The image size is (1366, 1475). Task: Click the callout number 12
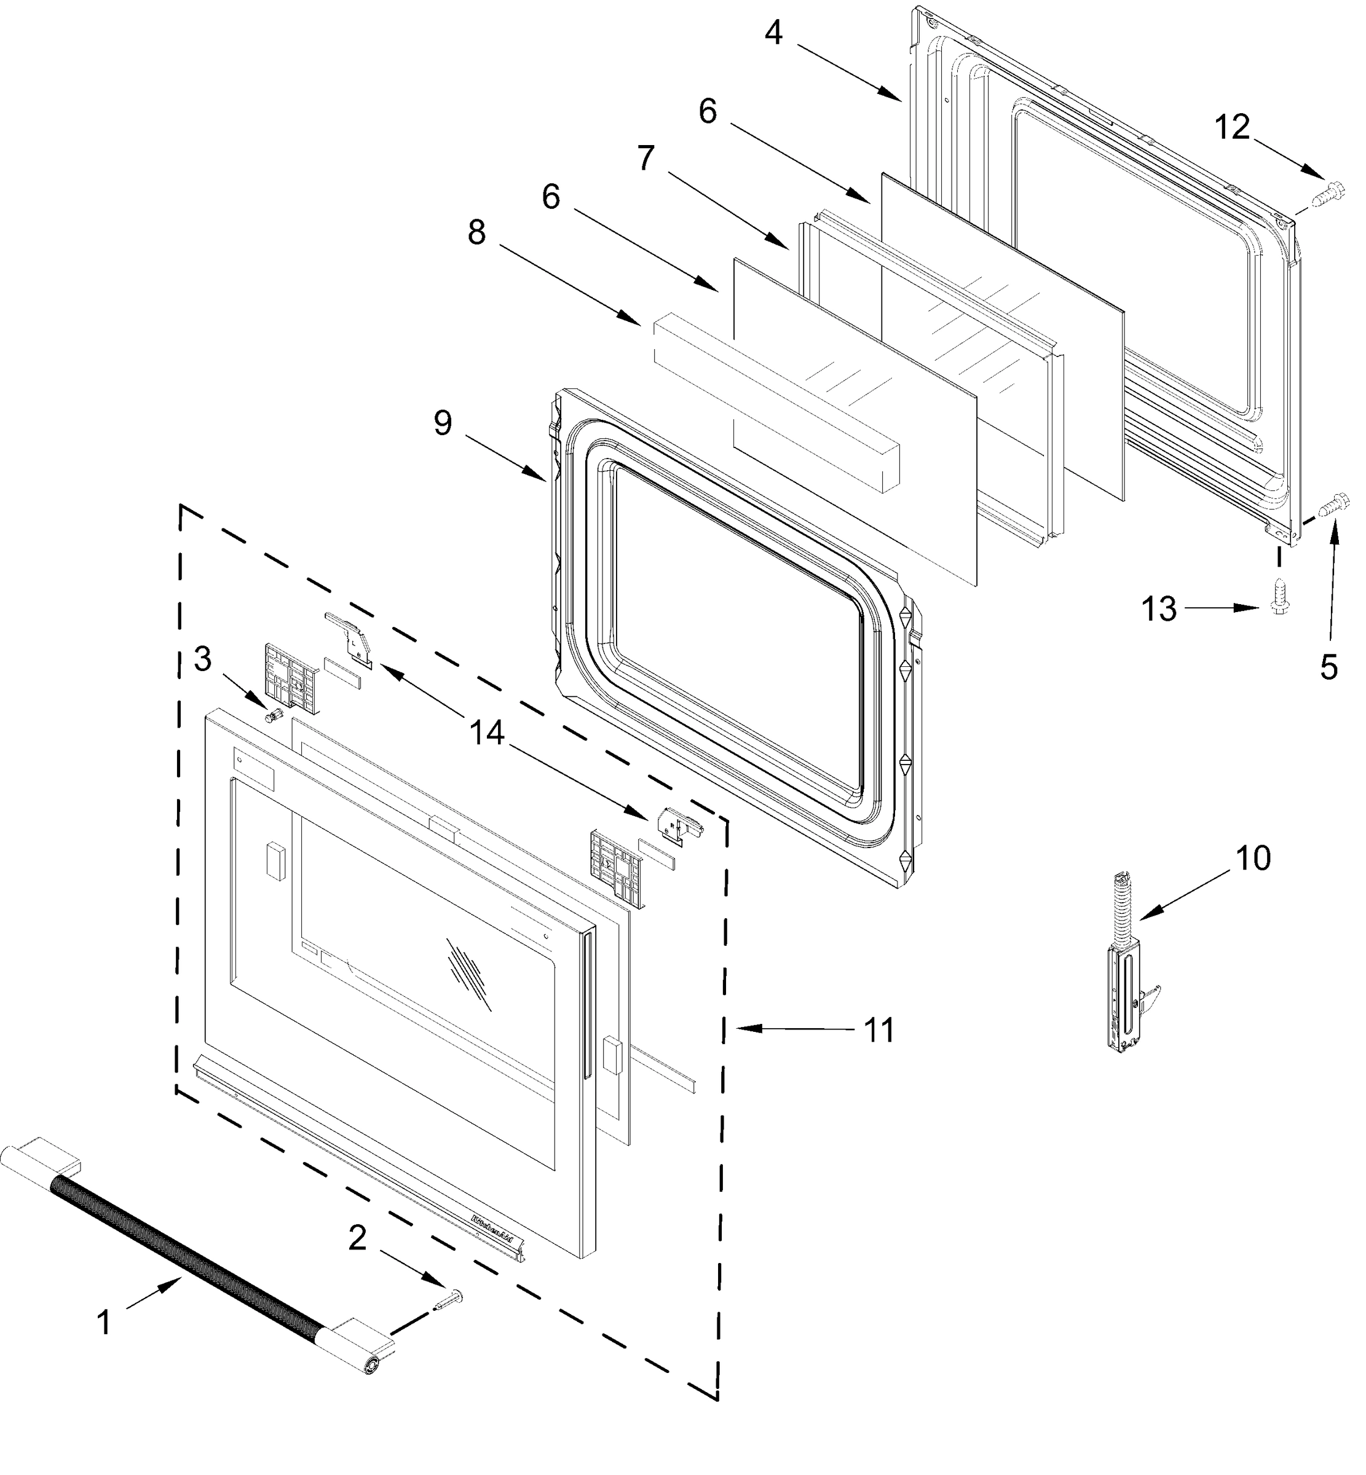pos(1232,128)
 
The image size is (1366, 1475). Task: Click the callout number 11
pos(879,1029)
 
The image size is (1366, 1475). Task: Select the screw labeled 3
pos(274,715)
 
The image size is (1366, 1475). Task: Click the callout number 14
pos(486,733)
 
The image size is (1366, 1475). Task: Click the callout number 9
pos(443,423)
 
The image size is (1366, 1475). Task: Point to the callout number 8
pos(477,233)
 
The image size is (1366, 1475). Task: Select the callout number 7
pos(645,157)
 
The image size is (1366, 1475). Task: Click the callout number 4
pos(773,33)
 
